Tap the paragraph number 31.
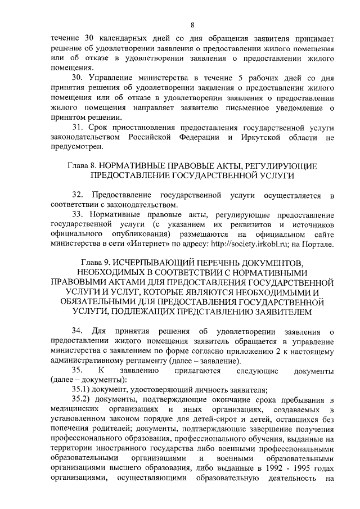(x=78, y=128)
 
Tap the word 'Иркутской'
(x=271, y=137)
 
